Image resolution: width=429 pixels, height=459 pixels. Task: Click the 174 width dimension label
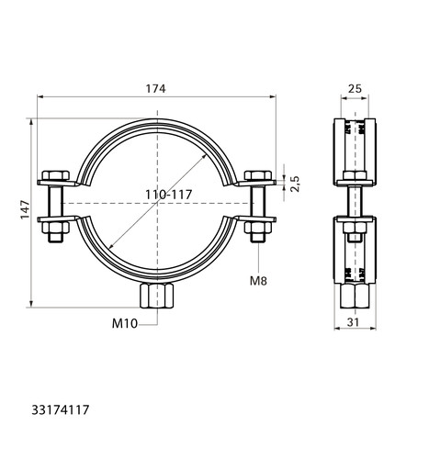(155, 88)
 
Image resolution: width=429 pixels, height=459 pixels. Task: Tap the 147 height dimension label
(25, 209)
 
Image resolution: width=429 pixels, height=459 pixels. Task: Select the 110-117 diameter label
(169, 195)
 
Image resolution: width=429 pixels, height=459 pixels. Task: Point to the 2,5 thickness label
(295, 184)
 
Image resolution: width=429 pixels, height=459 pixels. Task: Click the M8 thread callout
(258, 281)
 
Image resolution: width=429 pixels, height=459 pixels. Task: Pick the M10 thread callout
(125, 323)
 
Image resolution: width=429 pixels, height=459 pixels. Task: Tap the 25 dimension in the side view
(355, 89)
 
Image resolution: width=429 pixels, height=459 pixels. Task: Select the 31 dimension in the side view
(353, 322)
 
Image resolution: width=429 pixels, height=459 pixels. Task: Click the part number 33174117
(61, 409)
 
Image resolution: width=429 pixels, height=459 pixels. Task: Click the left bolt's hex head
(56, 175)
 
